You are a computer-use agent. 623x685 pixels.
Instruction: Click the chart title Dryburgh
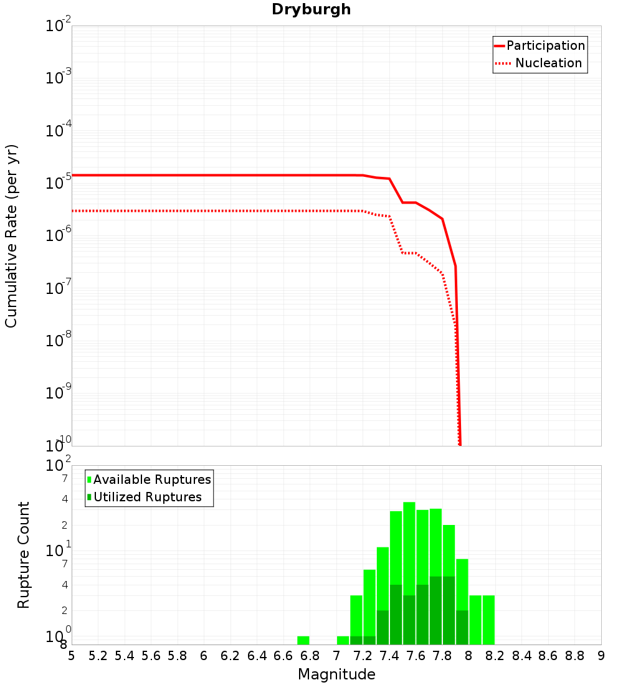[311, 9]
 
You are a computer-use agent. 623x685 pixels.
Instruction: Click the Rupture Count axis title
[24, 554]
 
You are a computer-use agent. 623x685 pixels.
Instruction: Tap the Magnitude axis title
[336, 674]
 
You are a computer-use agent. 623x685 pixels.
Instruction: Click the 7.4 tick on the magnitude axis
[389, 656]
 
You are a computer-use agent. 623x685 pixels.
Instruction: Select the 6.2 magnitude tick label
[230, 656]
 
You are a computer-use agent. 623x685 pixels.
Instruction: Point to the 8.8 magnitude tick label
[574, 656]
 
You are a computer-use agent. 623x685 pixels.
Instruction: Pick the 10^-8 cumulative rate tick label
[58, 341]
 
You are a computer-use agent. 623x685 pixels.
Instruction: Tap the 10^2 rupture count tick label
[58, 466]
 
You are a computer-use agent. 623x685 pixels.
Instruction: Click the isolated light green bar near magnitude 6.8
[303, 640]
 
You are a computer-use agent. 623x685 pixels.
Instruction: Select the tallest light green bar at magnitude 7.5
[409, 542]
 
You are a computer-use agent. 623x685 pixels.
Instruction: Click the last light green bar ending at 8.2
[488, 620]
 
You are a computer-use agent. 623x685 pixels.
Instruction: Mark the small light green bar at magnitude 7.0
[343, 640]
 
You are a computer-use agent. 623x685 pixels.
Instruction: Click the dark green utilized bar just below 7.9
[462, 627]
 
